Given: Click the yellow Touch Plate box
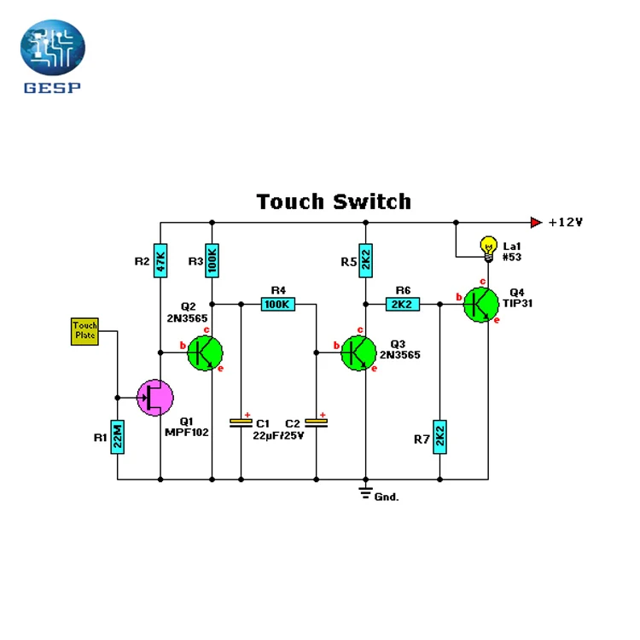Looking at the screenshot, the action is click(84, 331).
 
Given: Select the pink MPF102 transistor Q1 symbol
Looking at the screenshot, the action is click(155, 398).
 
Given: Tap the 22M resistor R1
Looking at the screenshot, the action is click(118, 437).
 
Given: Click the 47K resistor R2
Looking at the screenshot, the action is click(160, 260).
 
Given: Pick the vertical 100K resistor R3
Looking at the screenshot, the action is click(212, 260).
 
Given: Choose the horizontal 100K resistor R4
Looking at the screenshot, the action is click(278, 304).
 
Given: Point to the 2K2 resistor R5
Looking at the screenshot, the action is click(366, 260).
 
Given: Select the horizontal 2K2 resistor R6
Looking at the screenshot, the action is click(403, 304).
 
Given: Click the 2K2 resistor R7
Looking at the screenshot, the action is click(439, 437).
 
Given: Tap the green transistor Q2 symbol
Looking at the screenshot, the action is click(205, 353).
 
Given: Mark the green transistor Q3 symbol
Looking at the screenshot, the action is click(358, 353).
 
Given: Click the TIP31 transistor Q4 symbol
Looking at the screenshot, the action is click(481, 305).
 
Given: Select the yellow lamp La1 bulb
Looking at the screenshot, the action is click(489, 249).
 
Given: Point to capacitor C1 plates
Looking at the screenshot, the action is click(241, 423).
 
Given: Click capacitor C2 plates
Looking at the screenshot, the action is click(317, 423).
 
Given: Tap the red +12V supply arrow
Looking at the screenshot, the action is click(537, 223).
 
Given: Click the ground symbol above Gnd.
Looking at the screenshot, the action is click(366, 493).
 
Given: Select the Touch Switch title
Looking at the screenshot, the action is click(334, 201).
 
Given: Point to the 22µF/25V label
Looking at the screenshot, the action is click(278, 436).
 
